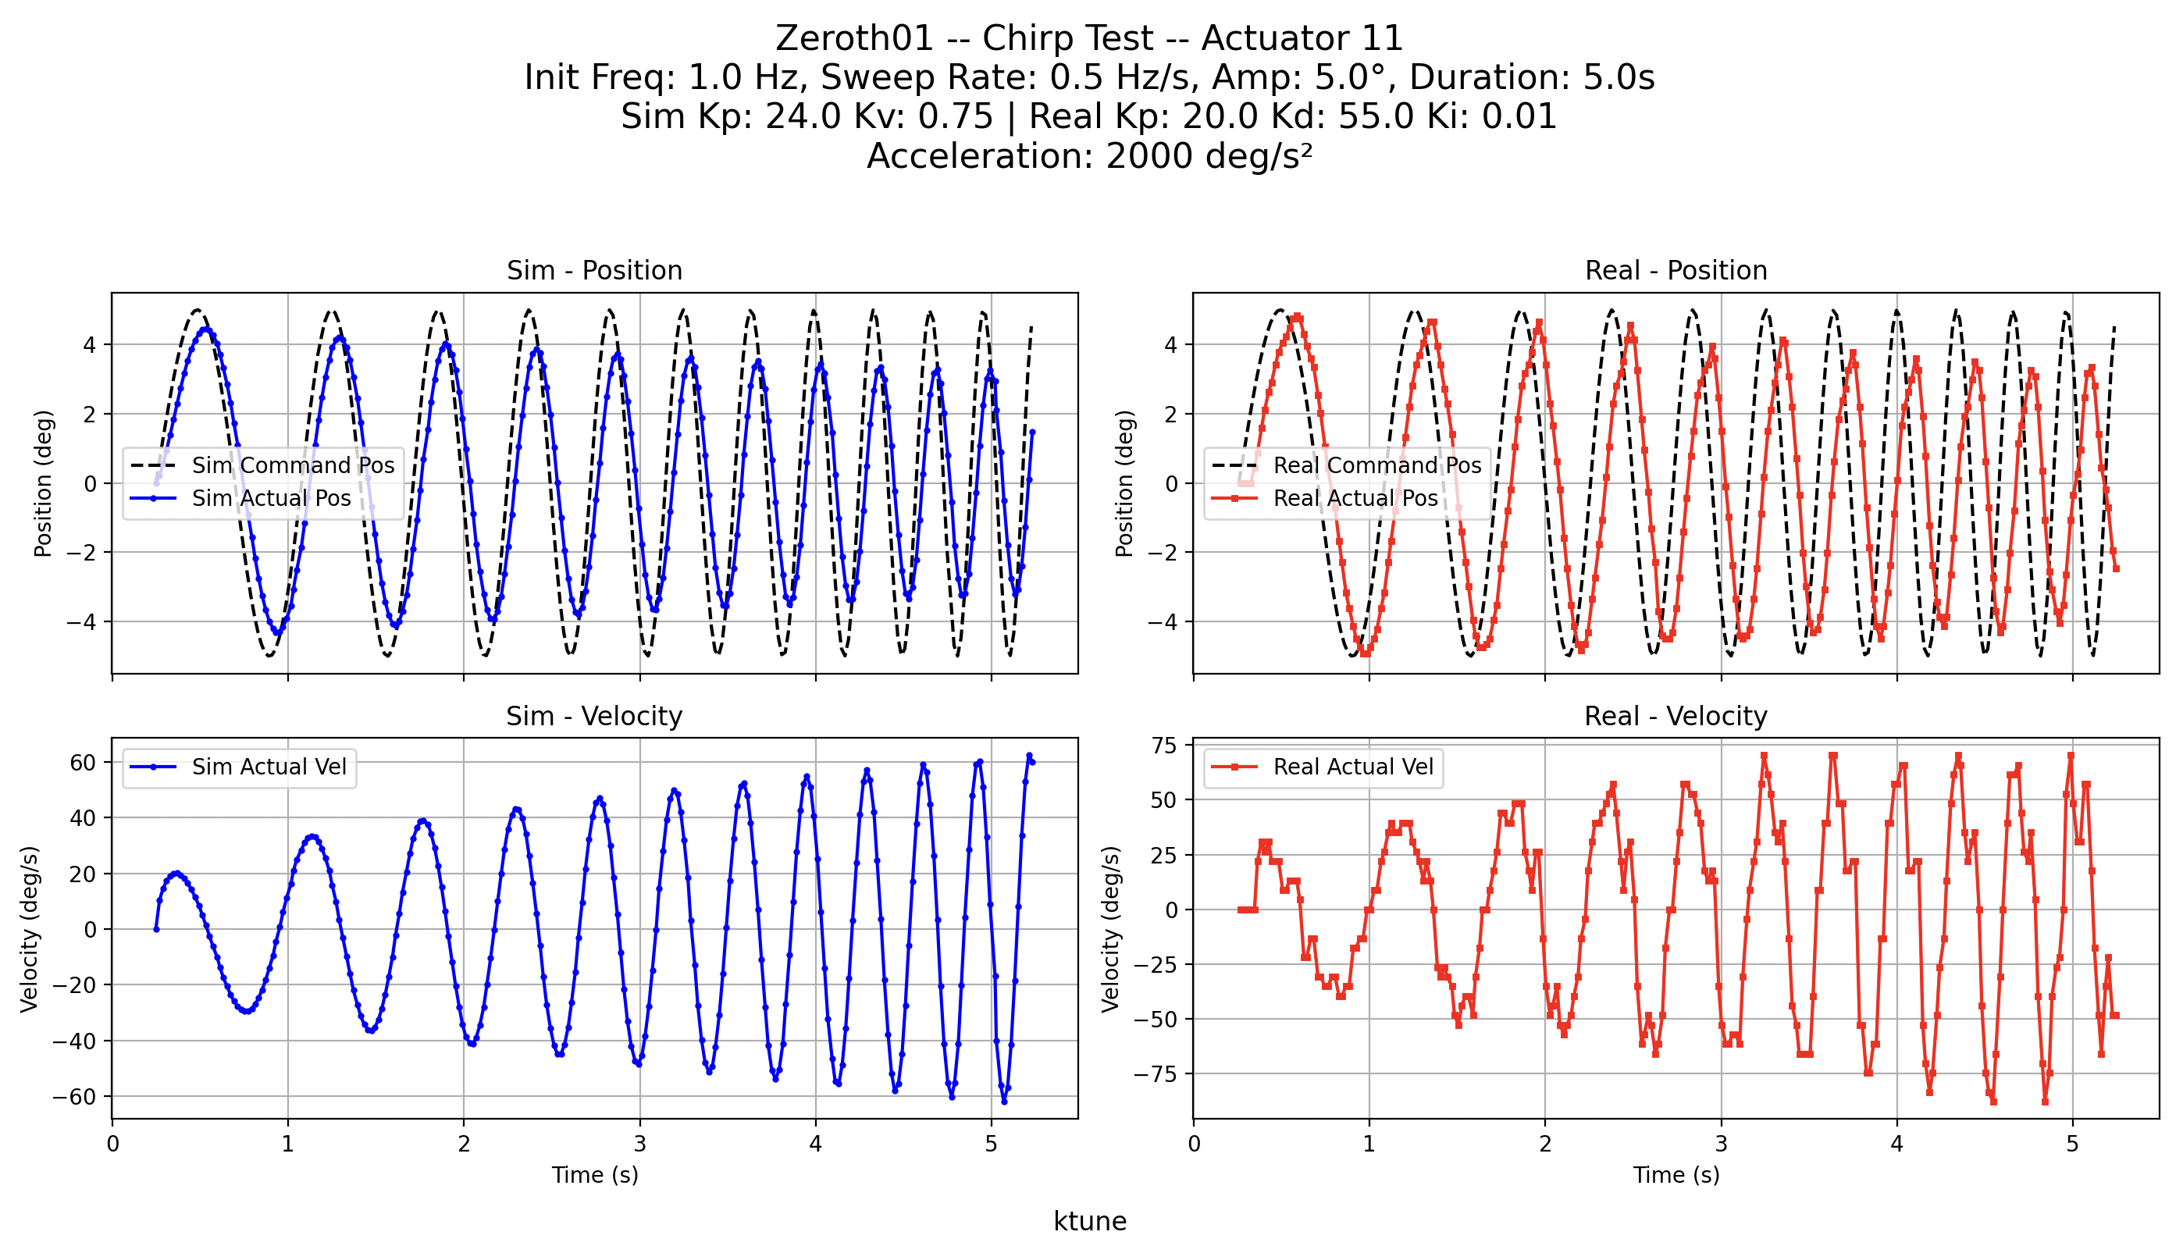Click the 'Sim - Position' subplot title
click(594, 270)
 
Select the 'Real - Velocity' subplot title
click(1675, 716)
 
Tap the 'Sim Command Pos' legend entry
click(293, 465)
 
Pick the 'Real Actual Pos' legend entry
click(1355, 498)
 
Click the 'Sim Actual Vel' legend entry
click(269, 767)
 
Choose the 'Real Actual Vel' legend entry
click(1352, 767)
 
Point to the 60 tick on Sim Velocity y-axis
click(82, 762)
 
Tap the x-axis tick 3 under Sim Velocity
click(639, 1145)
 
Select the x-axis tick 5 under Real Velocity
click(2072, 1145)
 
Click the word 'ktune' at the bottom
click(1089, 1221)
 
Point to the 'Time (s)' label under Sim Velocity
click(595, 1175)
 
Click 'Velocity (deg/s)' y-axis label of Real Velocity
click(1111, 928)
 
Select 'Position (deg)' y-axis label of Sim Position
click(43, 483)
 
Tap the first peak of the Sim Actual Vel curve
click(176, 873)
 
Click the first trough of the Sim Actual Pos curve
click(276, 632)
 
